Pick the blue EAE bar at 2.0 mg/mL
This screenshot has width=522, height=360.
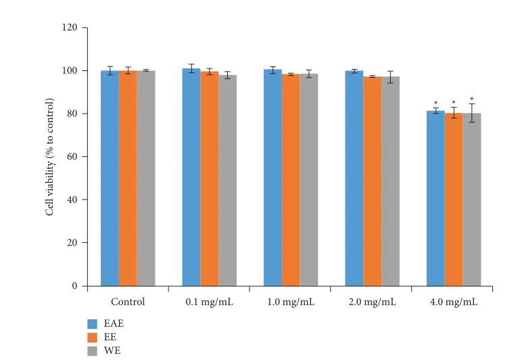point(354,178)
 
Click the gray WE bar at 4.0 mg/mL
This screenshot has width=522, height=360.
point(472,199)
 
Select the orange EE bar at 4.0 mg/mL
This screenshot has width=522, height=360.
point(454,199)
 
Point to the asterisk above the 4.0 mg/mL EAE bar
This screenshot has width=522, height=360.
point(435,104)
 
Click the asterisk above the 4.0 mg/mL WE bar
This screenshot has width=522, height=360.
point(472,99)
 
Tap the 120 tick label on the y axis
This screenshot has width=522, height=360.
point(70,28)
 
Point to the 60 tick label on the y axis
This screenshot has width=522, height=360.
point(72,157)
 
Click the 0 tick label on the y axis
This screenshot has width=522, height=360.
point(75,286)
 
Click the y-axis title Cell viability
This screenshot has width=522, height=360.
point(49,157)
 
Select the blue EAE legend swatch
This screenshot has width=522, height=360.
point(93,323)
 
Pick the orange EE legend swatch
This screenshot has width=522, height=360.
point(93,337)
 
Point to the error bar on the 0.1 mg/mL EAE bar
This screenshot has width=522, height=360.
point(191,68)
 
